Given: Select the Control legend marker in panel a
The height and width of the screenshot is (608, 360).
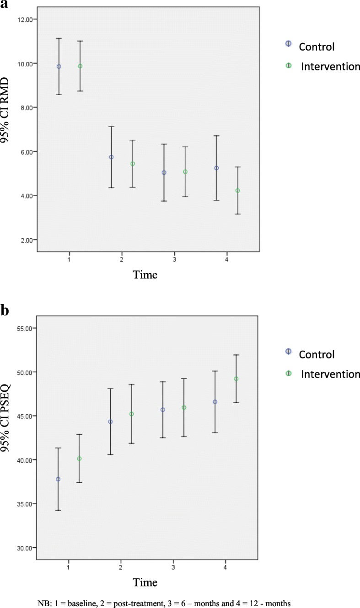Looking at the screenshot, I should pos(288,43).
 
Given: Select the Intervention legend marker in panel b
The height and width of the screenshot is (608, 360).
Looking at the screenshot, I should pos(288,373).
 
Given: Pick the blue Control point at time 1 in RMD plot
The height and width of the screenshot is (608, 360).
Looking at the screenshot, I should pos(59,66).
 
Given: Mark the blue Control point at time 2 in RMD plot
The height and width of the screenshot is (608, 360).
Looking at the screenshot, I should pos(111,157).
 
